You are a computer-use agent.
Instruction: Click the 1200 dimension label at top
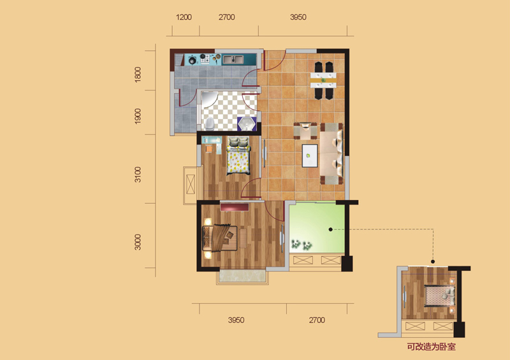point(184,17)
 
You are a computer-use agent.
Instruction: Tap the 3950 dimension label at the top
point(298,17)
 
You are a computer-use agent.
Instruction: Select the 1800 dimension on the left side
point(138,74)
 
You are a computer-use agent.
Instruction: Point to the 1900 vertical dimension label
point(138,116)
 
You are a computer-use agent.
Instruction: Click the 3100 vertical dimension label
point(138,175)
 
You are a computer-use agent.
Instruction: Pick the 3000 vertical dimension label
point(138,242)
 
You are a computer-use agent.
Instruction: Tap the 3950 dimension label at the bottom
point(236,320)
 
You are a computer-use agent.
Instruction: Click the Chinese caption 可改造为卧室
point(432,347)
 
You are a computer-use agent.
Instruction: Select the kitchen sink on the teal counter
point(233,59)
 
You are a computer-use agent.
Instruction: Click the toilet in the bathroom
point(210,124)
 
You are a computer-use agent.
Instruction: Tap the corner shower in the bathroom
point(209,99)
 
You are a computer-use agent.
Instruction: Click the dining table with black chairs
point(323,80)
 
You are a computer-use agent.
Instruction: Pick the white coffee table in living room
point(310,155)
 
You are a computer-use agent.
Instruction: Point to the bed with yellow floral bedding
point(238,155)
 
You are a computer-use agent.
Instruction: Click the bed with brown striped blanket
point(220,238)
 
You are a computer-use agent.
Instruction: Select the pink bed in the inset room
point(440,296)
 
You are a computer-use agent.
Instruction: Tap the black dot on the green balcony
point(330,229)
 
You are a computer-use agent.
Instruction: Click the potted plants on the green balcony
point(302,245)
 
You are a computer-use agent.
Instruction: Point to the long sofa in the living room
point(331,154)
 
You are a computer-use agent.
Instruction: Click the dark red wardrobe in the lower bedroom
point(235,207)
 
